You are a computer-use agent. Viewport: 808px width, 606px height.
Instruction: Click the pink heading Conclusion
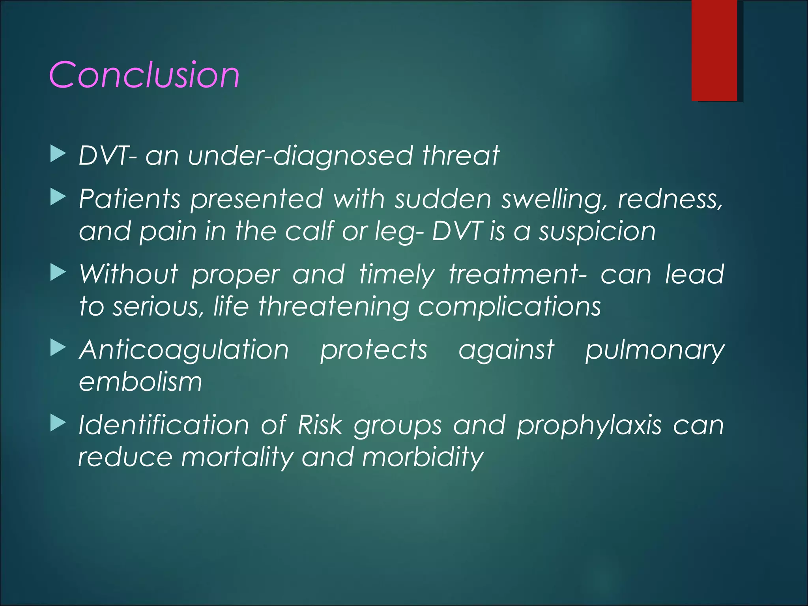click(x=144, y=75)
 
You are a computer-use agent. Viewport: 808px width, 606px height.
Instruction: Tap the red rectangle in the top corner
click(x=714, y=50)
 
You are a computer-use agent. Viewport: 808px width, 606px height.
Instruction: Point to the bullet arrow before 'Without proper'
click(x=58, y=273)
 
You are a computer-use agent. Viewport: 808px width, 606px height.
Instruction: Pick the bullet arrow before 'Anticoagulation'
click(x=58, y=348)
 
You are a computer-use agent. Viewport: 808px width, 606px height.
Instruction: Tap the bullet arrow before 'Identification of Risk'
click(x=58, y=424)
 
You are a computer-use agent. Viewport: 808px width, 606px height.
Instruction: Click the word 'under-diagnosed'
click(x=300, y=155)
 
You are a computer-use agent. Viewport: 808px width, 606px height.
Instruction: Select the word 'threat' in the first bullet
click(x=460, y=155)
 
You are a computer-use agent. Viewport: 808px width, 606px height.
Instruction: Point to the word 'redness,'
click(x=670, y=199)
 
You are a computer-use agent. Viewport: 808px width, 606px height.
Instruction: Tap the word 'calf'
click(x=310, y=231)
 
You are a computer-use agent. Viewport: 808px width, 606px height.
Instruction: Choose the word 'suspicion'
click(x=597, y=231)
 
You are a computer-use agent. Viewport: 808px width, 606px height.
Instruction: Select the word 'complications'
click(x=509, y=307)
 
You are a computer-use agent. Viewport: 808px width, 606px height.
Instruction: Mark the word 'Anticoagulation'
click(x=184, y=350)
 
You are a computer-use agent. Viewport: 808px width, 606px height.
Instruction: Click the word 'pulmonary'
click(x=655, y=350)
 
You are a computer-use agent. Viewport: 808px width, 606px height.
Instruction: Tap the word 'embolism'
click(x=140, y=382)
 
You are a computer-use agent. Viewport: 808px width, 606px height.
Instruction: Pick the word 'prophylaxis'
click(x=589, y=426)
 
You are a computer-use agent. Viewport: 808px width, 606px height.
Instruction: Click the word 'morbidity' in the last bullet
click(x=423, y=458)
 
